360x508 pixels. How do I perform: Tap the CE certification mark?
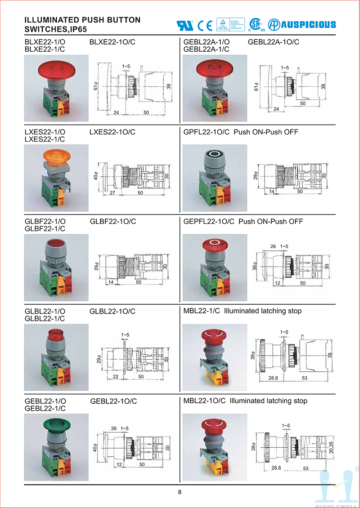click(205, 25)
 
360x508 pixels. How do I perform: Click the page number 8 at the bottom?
click(180, 492)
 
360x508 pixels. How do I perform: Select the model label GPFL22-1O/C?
click(207, 132)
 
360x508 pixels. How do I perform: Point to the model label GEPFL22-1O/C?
click(209, 222)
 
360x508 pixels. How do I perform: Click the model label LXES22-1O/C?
click(112, 132)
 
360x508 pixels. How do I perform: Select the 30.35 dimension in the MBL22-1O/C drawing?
click(331, 447)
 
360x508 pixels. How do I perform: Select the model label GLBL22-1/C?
click(45, 318)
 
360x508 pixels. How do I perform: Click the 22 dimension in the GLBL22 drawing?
click(116, 377)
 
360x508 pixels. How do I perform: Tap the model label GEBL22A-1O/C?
click(274, 42)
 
